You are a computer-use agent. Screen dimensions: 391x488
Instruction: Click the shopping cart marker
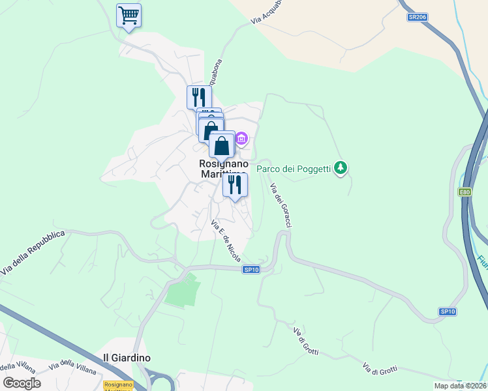[x=129, y=16]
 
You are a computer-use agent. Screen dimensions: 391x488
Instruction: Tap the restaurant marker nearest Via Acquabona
[x=199, y=97]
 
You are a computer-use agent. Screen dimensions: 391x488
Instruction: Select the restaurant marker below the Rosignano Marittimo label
[x=235, y=184]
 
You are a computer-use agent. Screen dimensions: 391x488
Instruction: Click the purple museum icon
[x=242, y=138]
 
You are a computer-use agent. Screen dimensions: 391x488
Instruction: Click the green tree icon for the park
[x=340, y=169]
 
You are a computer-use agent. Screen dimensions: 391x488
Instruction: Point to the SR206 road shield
[x=417, y=17]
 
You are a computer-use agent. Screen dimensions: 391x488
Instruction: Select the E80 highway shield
[x=465, y=192]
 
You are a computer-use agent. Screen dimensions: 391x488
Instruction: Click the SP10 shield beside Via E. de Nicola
[x=251, y=269]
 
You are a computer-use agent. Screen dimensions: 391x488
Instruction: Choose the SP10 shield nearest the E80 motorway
[x=447, y=311]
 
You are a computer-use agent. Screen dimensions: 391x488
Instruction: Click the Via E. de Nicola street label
[x=225, y=241]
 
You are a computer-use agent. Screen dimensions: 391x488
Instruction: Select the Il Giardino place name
[x=127, y=358]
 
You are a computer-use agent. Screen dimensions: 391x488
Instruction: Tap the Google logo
[x=22, y=383]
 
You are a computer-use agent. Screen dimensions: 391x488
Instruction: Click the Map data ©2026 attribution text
[x=460, y=386]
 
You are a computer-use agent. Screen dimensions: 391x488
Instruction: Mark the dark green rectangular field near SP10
[x=182, y=291]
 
